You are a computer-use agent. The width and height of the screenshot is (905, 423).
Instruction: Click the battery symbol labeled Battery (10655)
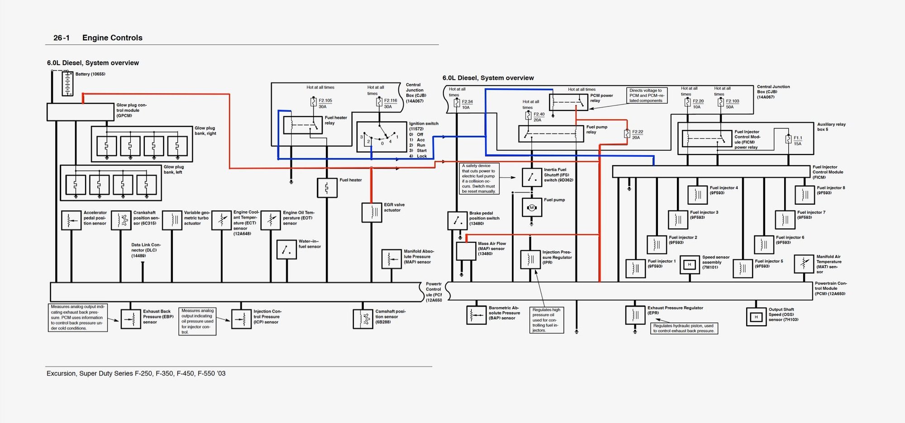tap(67, 84)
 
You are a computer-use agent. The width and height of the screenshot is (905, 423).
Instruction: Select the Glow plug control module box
tap(81, 112)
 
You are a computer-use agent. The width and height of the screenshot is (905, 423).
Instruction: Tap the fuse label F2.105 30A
tap(325, 103)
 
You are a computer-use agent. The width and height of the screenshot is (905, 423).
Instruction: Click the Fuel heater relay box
tap(303, 125)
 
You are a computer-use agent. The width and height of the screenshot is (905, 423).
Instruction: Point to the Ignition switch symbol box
tap(381, 137)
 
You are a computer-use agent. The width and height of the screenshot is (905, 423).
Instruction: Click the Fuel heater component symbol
tap(327, 187)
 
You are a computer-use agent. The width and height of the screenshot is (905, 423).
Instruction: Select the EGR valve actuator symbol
tap(372, 212)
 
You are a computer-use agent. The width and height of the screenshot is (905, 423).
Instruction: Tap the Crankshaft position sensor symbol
tap(121, 220)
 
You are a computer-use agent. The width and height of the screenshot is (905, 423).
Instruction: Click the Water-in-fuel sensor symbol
tap(286, 250)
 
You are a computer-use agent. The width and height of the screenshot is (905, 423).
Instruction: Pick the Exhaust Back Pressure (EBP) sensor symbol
tap(131, 319)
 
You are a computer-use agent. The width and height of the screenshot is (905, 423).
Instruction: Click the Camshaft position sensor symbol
tap(363, 319)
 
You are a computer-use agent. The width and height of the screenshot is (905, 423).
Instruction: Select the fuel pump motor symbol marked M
tap(532, 208)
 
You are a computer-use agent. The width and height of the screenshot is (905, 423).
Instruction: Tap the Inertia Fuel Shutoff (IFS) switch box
tap(532, 178)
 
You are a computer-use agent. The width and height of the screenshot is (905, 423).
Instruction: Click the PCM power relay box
tap(568, 102)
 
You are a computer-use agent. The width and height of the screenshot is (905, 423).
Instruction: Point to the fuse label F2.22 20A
tap(637, 135)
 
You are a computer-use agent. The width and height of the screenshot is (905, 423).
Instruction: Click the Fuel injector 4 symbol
tap(697, 195)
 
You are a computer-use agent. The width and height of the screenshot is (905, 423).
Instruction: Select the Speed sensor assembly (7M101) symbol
tap(690, 264)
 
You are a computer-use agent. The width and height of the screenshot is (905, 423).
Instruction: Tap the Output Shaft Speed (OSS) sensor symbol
tap(756, 317)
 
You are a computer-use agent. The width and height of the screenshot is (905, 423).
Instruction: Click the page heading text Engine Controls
tap(112, 38)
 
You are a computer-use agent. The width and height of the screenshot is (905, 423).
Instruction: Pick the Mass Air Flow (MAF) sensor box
tap(466, 251)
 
